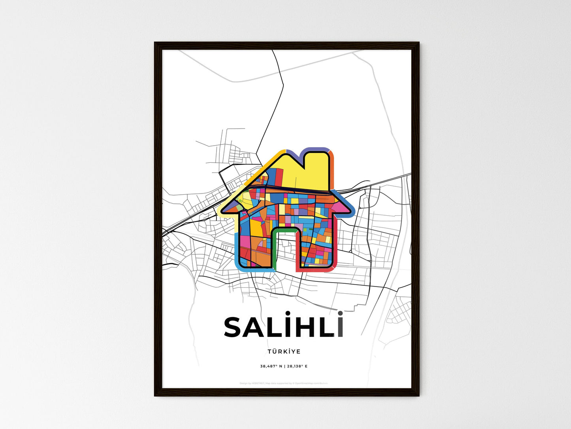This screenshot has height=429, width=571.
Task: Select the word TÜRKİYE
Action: [284, 351]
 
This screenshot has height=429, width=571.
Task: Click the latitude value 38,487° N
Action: [271, 366]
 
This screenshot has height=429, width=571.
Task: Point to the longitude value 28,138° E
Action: [297, 366]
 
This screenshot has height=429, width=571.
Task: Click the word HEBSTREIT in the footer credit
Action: [258, 383]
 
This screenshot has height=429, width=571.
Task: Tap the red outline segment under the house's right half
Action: [316, 270]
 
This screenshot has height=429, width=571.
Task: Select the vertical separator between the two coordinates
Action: [284, 366]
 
